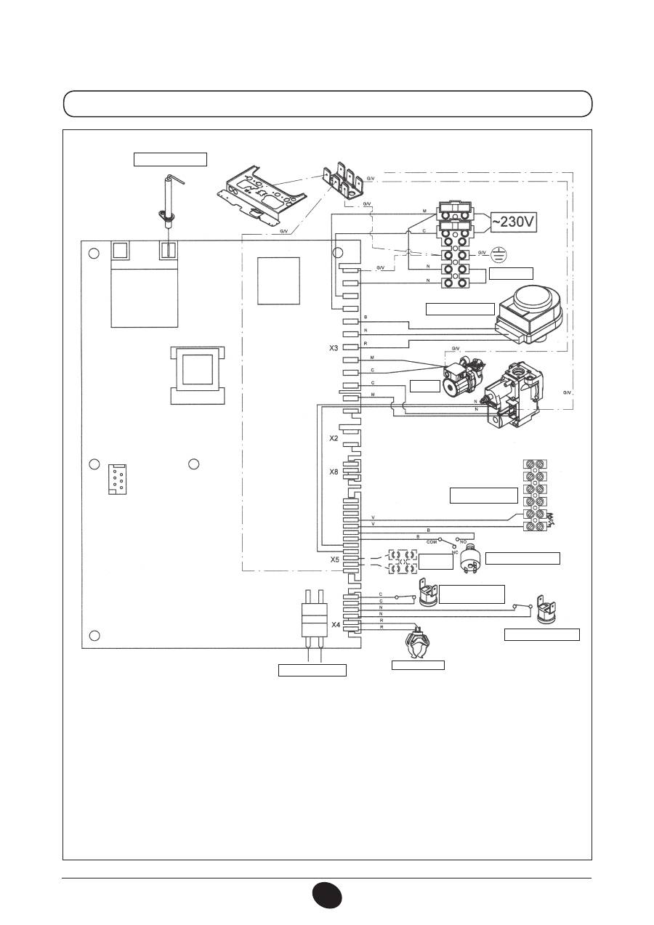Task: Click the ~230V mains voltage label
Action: pyautogui.click(x=514, y=222)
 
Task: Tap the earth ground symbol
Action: pyautogui.click(x=498, y=255)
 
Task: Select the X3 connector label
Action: pyautogui.click(x=334, y=348)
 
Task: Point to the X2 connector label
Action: pyautogui.click(x=334, y=439)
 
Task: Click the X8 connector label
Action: pyautogui.click(x=334, y=472)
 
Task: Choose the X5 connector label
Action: pyautogui.click(x=334, y=560)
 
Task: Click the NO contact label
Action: pyautogui.click(x=462, y=542)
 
